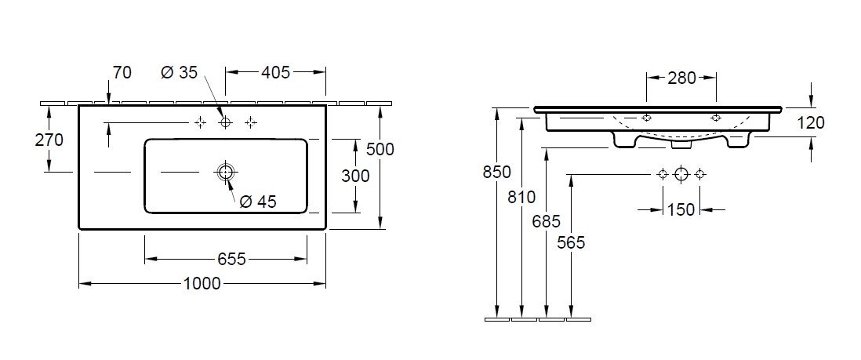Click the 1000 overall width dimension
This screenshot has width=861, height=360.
pos(202,283)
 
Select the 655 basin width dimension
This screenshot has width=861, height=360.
pos(231,258)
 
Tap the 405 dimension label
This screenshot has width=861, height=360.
pos(275,72)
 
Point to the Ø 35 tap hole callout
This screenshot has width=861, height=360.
pos(179,72)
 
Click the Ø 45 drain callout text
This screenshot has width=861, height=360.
pos(258,202)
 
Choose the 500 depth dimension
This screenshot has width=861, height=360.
pos(380,148)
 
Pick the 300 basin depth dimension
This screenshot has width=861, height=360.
pos(355,176)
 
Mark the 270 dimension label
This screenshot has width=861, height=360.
pos(49,140)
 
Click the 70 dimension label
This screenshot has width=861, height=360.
pos(122,72)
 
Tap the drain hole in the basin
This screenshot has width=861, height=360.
pos(225,173)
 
